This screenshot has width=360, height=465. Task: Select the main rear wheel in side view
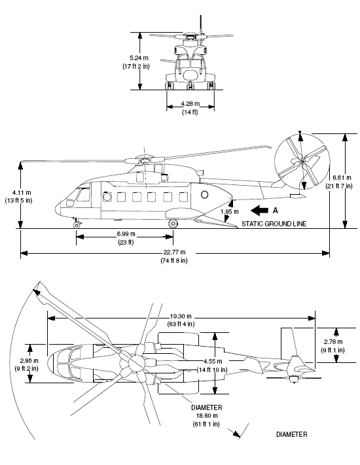(x=173, y=224)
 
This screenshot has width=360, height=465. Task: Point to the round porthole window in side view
(x=205, y=195)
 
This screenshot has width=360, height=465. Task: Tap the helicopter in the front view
(x=190, y=63)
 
